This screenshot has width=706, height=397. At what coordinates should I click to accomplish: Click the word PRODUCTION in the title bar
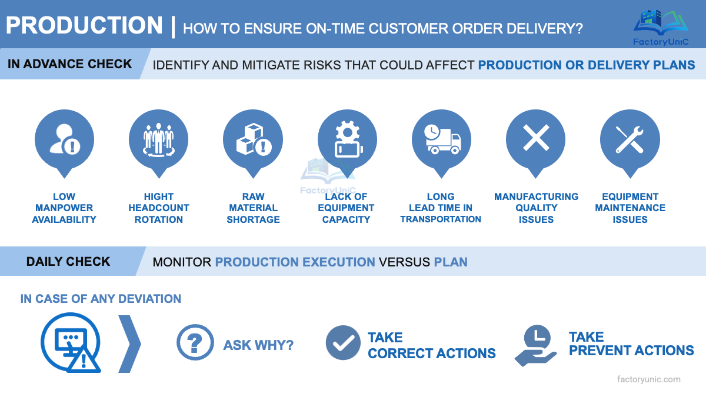click(x=84, y=25)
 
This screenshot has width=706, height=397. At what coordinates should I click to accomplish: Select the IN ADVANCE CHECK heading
click(x=69, y=64)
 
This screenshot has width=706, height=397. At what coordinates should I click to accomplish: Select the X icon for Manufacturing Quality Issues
click(x=535, y=140)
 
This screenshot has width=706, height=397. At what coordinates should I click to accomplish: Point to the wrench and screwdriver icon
click(x=630, y=140)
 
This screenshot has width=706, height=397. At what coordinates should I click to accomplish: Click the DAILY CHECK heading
click(x=68, y=261)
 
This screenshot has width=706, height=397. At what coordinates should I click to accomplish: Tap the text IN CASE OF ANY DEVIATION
click(x=101, y=299)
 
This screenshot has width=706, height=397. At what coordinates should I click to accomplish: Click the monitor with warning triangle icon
click(x=71, y=344)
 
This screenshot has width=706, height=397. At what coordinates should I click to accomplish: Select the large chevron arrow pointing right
click(x=130, y=344)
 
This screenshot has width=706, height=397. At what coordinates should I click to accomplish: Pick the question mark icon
click(x=195, y=343)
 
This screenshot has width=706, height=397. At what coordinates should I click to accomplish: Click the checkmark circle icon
click(x=343, y=343)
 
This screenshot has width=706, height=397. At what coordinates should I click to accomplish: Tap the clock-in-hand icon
click(x=535, y=345)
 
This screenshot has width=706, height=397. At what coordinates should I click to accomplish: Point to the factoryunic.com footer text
click(x=648, y=379)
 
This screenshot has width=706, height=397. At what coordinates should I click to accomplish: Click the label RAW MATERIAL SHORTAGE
click(x=253, y=208)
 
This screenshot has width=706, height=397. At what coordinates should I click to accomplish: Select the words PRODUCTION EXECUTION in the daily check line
click(x=295, y=262)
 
